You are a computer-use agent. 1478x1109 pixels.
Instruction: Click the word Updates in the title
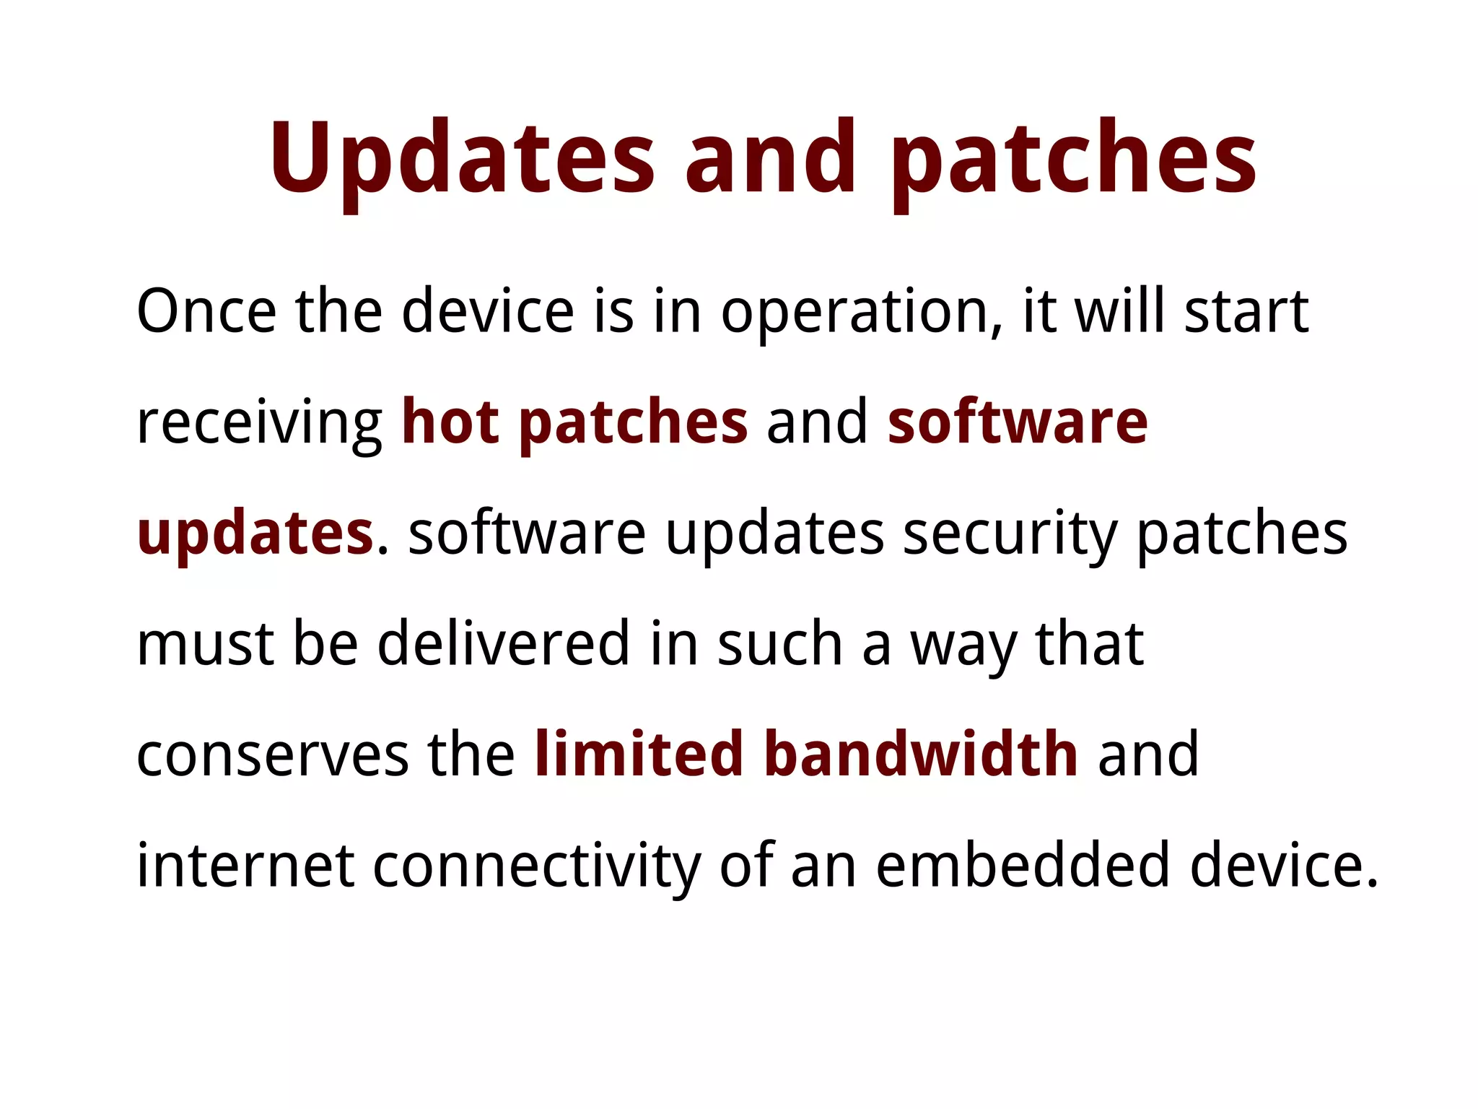pyautogui.click(x=462, y=159)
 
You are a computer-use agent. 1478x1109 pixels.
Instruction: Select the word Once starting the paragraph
pyautogui.click(x=206, y=311)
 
